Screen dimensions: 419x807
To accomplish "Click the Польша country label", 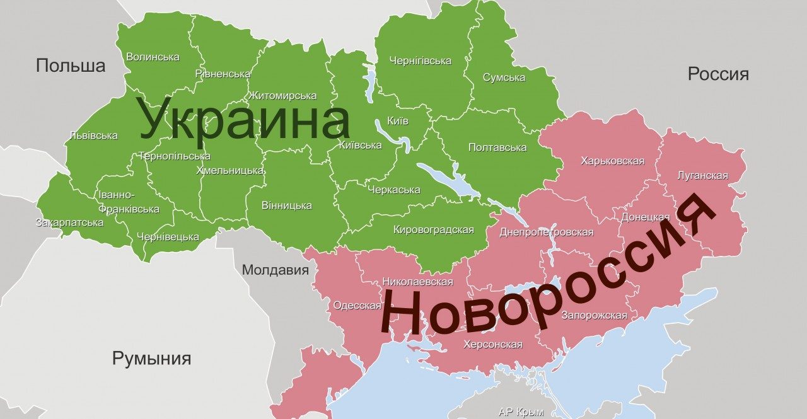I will pyautogui.click(x=70, y=66).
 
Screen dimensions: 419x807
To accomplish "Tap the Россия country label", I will pyautogui.click(x=718, y=74).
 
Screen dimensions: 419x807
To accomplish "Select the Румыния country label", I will pyautogui.click(x=151, y=359).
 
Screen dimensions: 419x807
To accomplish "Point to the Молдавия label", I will pyautogui.click(x=276, y=270).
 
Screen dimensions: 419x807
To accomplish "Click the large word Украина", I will pyautogui.click(x=244, y=120).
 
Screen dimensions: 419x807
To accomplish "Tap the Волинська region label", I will pyautogui.click(x=153, y=57).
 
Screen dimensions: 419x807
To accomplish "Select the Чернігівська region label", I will pyautogui.click(x=420, y=60).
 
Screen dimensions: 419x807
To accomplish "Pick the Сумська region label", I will pyautogui.click(x=504, y=77).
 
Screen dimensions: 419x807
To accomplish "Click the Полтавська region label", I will pyautogui.click(x=497, y=147).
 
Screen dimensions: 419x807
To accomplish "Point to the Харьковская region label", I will pyautogui.click(x=612, y=161).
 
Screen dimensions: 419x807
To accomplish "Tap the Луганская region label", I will pyautogui.click(x=702, y=175).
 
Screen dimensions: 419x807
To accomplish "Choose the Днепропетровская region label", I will pyautogui.click(x=546, y=232).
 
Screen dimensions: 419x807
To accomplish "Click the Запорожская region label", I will pyautogui.click(x=594, y=315).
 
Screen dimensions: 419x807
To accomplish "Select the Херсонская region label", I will pyautogui.click(x=492, y=344).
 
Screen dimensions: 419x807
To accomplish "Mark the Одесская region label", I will pyautogui.click(x=357, y=306).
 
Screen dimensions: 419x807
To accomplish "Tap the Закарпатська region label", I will pyautogui.click(x=69, y=222).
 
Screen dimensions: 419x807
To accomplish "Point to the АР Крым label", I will pyautogui.click(x=521, y=412).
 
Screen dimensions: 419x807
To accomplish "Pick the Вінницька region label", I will pyautogui.click(x=286, y=205).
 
